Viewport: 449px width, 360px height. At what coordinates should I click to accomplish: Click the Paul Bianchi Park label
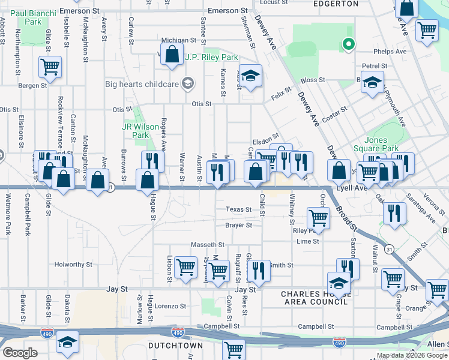pyautogui.click(x=33, y=17)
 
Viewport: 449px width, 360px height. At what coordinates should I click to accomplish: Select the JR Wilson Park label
pyautogui.click(x=135, y=131)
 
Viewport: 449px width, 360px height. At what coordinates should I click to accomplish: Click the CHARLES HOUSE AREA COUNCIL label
pyautogui.click(x=315, y=297)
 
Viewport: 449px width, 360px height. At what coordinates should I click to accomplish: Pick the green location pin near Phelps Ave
pyautogui.click(x=346, y=44)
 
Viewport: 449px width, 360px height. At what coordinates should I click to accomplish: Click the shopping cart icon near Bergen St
pyautogui.click(x=50, y=67)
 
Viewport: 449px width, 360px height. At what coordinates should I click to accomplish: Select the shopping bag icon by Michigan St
pyautogui.click(x=172, y=53)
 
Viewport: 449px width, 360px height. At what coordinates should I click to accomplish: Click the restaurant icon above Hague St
pyautogui.click(x=152, y=161)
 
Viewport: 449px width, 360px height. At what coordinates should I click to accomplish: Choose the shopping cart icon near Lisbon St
pyautogui.click(x=186, y=267)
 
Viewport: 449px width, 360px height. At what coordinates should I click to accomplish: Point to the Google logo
pyautogui.click(x=20, y=353)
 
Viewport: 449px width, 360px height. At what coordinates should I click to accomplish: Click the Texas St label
pyautogui.click(x=238, y=209)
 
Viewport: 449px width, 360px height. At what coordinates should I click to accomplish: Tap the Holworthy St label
pyautogui.click(x=73, y=264)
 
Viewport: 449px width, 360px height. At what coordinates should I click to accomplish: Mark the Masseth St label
pyautogui.click(x=208, y=245)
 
